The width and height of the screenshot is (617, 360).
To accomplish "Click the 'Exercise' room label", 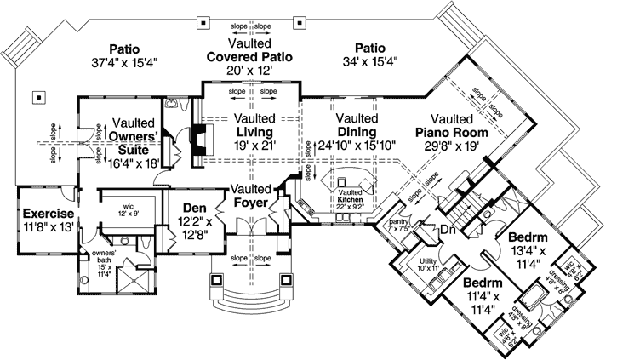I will pyautogui.click(x=48, y=213).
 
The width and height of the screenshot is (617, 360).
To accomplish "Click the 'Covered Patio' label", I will pyautogui.click(x=249, y=56).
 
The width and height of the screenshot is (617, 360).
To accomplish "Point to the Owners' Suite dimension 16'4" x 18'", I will pyautogui.click(x=132, y=163).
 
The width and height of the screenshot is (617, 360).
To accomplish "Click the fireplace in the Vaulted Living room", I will pyautogui.click(x=197, y=142).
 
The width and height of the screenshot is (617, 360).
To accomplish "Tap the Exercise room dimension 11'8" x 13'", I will pyautogui.click(x=48, y=227).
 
